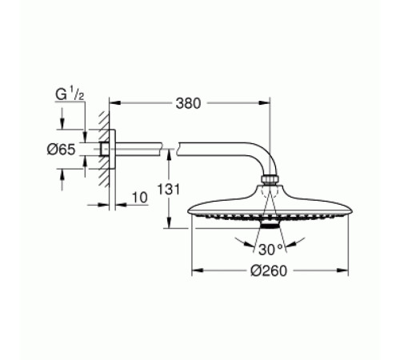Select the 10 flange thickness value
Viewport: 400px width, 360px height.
[x=138, y=197]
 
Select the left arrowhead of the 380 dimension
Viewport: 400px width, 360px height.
[x=111, y=104]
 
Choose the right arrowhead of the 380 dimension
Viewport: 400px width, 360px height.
[x=266, y=104]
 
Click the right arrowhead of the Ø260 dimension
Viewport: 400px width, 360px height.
[x=346, y=270]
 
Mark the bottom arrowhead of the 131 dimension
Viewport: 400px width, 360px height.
[x=168, y=226]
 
